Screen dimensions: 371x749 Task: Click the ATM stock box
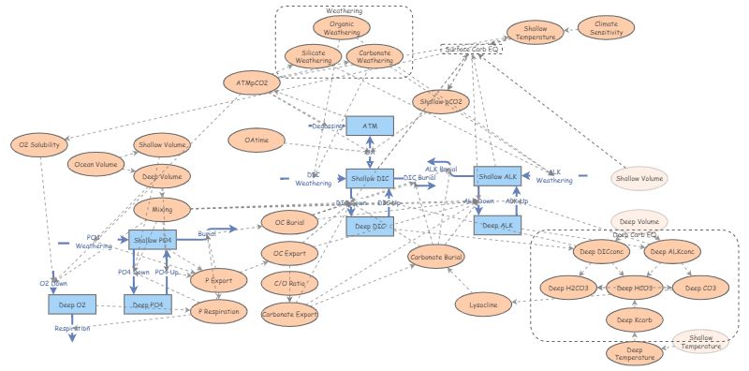tap(369, 126)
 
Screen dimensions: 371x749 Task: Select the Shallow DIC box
tap(370, 178)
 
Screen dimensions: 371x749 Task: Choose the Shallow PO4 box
tap(152, 241)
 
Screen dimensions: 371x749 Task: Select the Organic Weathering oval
tap(340, 28)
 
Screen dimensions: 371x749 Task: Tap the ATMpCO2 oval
tap(252, 82)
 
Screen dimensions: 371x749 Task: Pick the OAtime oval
tap(257, 140)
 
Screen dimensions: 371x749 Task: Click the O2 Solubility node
tap(40, 144)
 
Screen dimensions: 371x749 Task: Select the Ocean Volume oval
tap(95, 165)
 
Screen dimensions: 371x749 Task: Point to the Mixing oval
tap(162, 206)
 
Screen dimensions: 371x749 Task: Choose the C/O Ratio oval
tap(288, 282)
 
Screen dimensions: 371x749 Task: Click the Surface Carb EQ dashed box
tap(472, 48)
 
